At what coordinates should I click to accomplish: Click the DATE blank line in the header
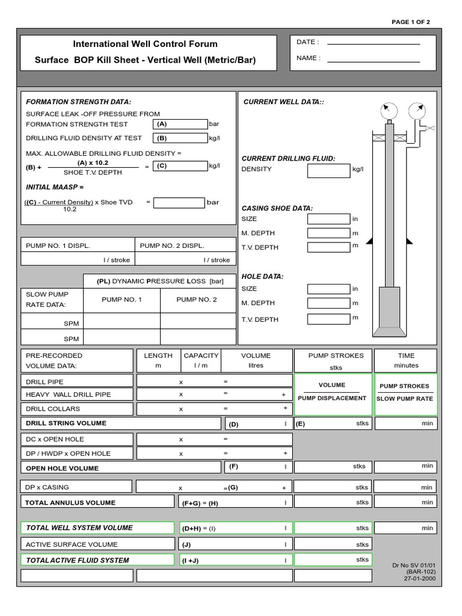[373, 44]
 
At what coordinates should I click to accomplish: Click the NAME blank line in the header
[373, 61]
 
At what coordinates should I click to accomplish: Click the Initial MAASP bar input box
[179, 203]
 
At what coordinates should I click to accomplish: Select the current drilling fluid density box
[328, 170]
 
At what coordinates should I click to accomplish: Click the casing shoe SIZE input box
[328, 219]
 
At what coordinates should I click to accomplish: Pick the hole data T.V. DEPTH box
[328, 319]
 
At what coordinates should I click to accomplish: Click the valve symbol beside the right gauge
[430, 128]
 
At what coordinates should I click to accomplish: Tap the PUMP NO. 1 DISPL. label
[58, 245]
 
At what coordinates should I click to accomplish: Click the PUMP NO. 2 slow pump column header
[197, 300]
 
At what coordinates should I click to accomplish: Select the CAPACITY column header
[201, 356]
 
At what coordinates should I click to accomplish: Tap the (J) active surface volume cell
[235, 544]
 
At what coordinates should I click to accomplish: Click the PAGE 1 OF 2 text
[411, 22]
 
